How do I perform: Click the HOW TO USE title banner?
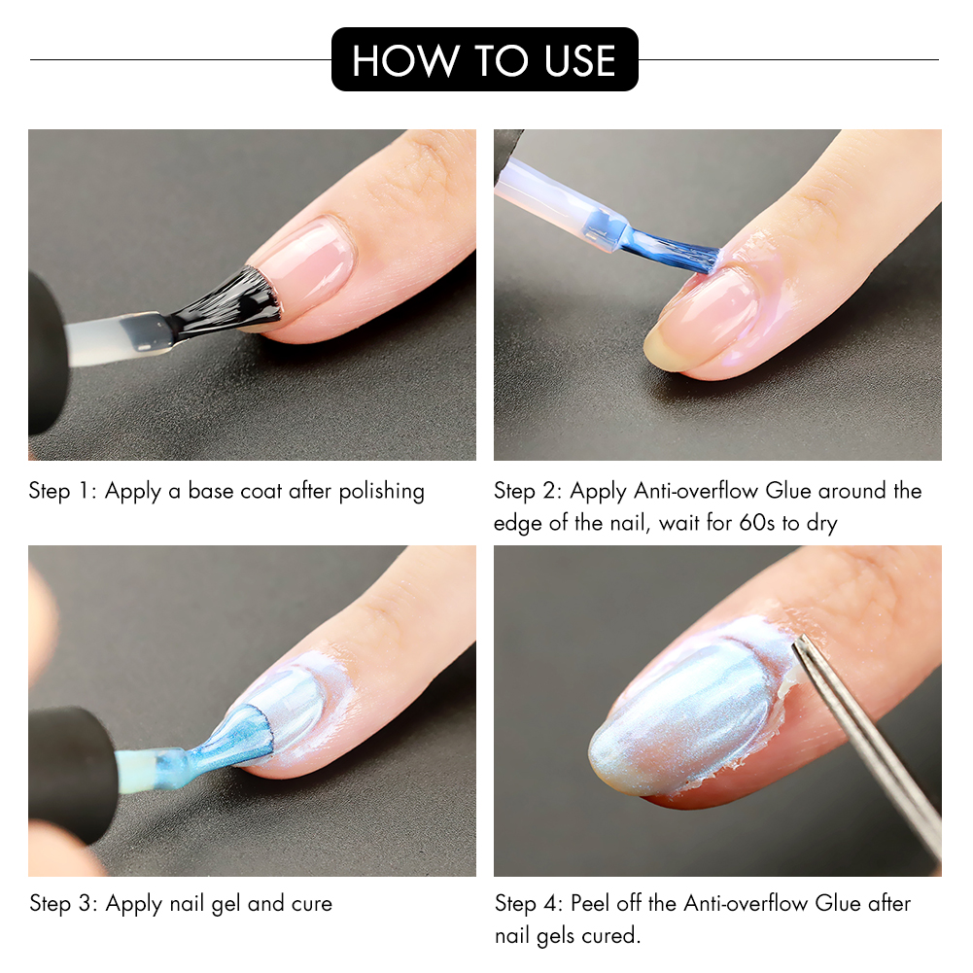[484, 60]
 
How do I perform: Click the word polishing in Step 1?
[381, 491]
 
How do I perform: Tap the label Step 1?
[63, 491]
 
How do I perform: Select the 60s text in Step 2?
[759, 523]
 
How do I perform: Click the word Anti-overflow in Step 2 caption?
[696, 491]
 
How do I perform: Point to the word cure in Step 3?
[311, 904]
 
